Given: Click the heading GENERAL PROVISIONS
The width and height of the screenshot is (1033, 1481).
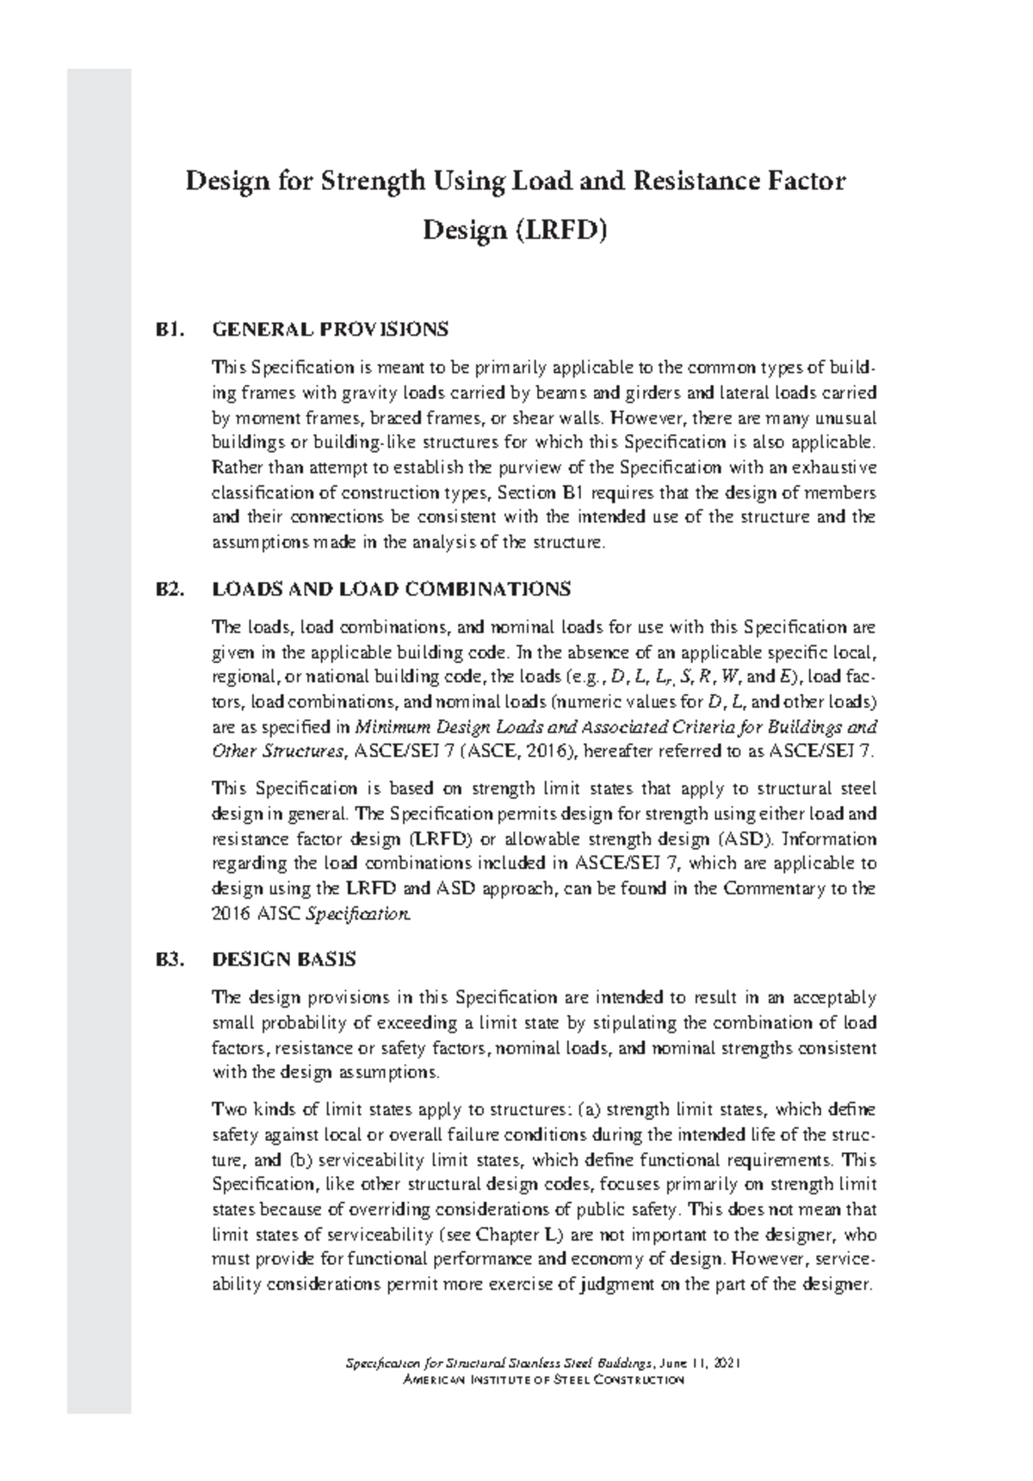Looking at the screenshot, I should pyautogui.click(x=331, y=329).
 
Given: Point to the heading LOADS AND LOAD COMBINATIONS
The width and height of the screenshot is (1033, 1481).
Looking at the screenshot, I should pyautogui.click(x=391, y=589).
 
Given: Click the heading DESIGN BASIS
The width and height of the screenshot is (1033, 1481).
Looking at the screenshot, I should pyautogui.click(x=284, y=959).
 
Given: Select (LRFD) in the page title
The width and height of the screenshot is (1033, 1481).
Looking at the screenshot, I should pyautogui.click(x=564, y=231).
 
